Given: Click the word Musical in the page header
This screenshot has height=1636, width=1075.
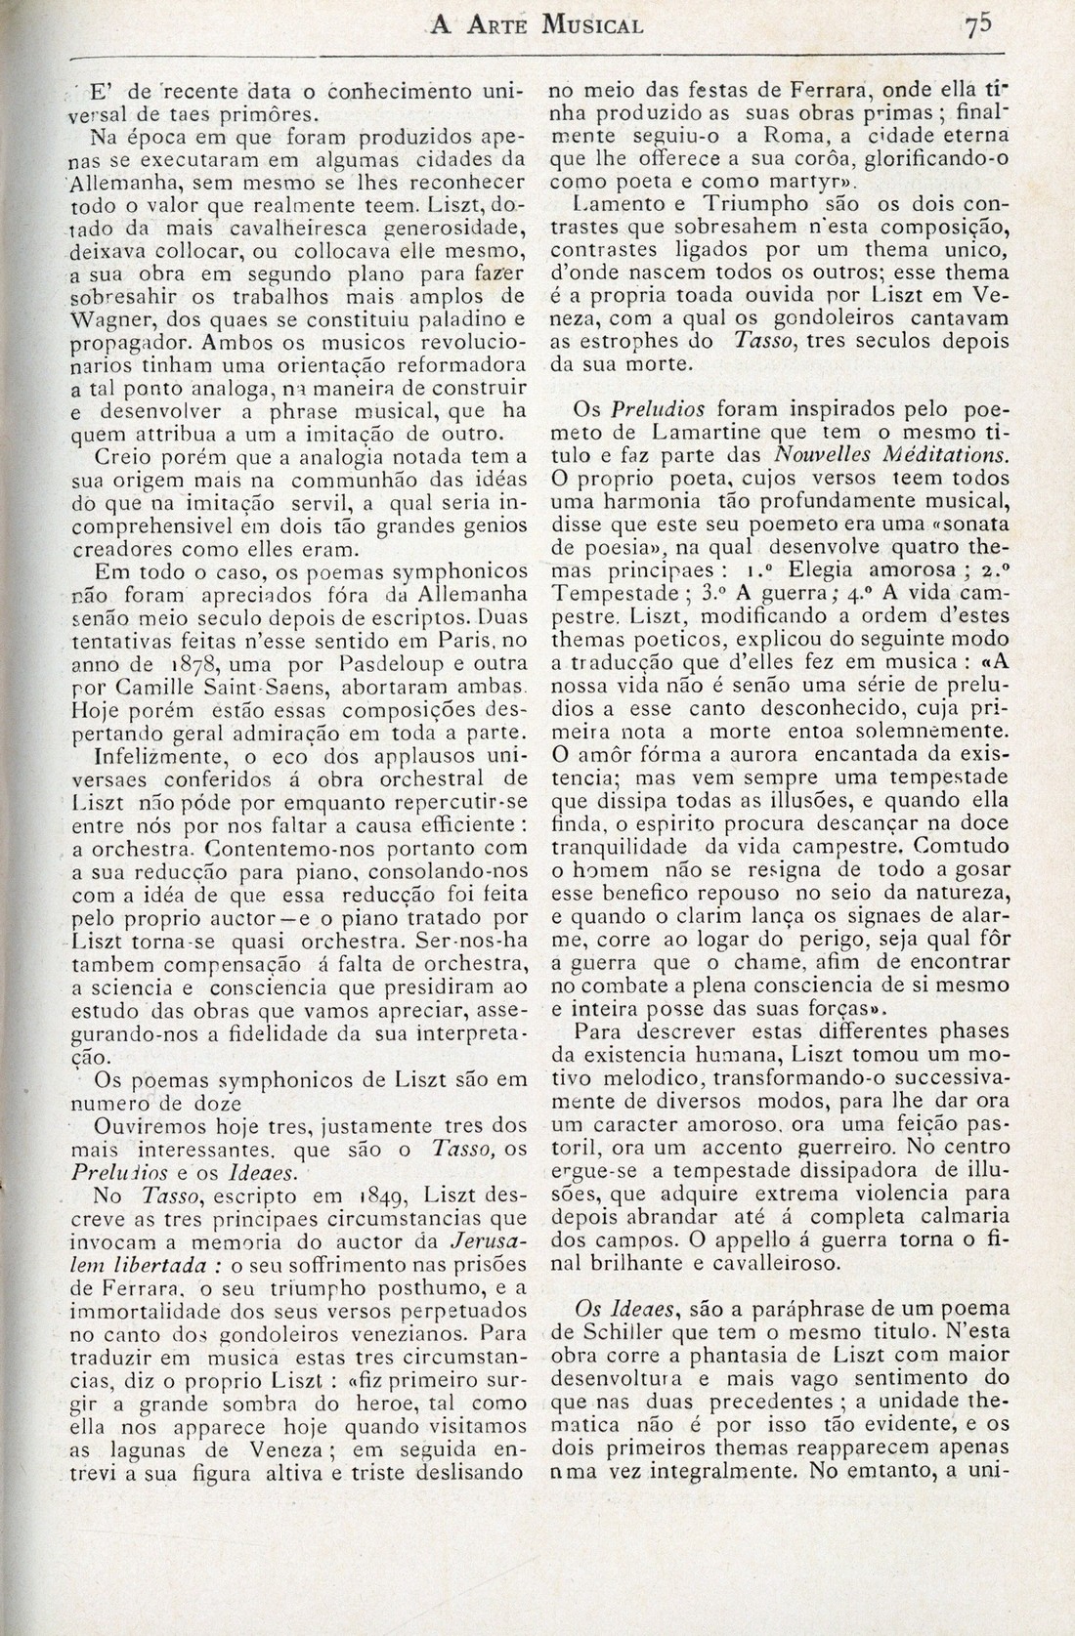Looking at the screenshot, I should coord(585,25).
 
